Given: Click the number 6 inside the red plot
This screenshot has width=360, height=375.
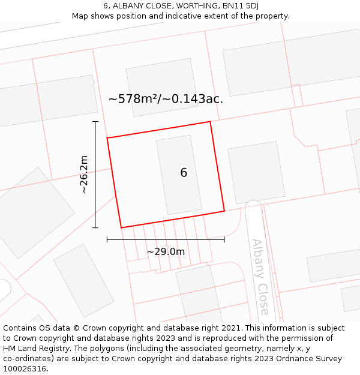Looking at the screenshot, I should point(184,173).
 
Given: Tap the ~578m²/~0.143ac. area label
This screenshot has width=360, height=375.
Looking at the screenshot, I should point(166,99).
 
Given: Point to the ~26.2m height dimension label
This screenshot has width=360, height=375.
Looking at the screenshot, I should point(84,174).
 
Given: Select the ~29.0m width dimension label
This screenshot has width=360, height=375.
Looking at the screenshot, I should point(166,251).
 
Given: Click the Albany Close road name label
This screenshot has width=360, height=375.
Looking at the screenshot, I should point(260,277).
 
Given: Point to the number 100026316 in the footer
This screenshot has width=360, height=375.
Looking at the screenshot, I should point(25,368).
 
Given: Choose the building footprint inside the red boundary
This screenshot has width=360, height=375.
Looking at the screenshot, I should point(179,175).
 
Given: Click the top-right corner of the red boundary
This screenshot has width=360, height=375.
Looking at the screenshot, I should point(210,122).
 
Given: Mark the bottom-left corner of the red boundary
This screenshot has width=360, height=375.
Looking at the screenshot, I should point(121,227).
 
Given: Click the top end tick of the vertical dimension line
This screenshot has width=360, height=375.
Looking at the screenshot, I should point(95,122).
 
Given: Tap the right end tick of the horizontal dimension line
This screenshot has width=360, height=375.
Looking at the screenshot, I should point(224,239).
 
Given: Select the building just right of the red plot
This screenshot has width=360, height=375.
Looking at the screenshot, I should point(256,172).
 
